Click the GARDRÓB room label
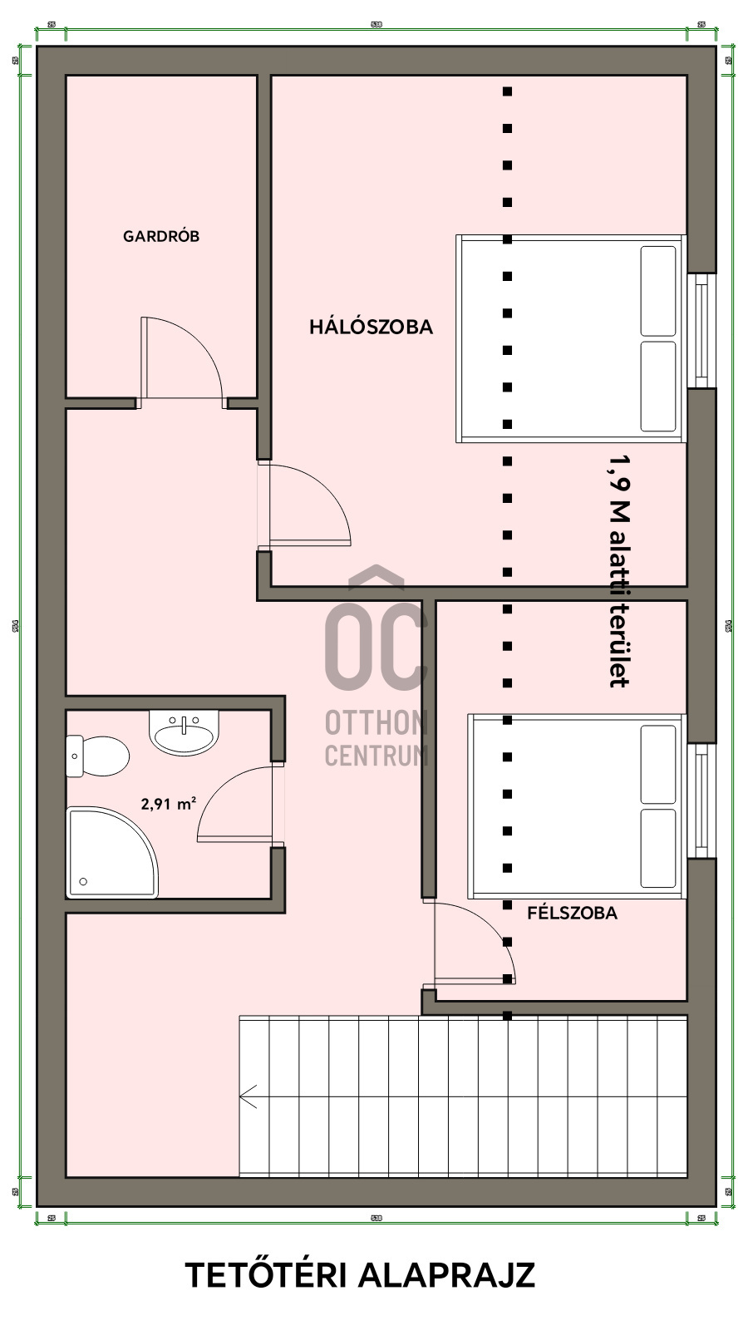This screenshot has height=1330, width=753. click(161, 236)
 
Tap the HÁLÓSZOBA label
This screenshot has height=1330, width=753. click(371, 327)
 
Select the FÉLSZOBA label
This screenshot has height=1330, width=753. click(572, 913)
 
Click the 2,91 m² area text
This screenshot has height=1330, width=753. click(169, 804)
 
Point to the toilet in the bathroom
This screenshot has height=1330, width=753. click(97, 756)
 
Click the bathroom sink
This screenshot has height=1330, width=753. click(184, 732)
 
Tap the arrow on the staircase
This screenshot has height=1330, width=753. click(248, 1096)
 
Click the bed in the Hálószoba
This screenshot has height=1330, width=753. click(570, 338)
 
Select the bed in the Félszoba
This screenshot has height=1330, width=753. click(576, 805)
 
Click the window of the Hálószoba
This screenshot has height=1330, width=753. click(703, 330)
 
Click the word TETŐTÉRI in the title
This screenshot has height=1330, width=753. click(265, 1275)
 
